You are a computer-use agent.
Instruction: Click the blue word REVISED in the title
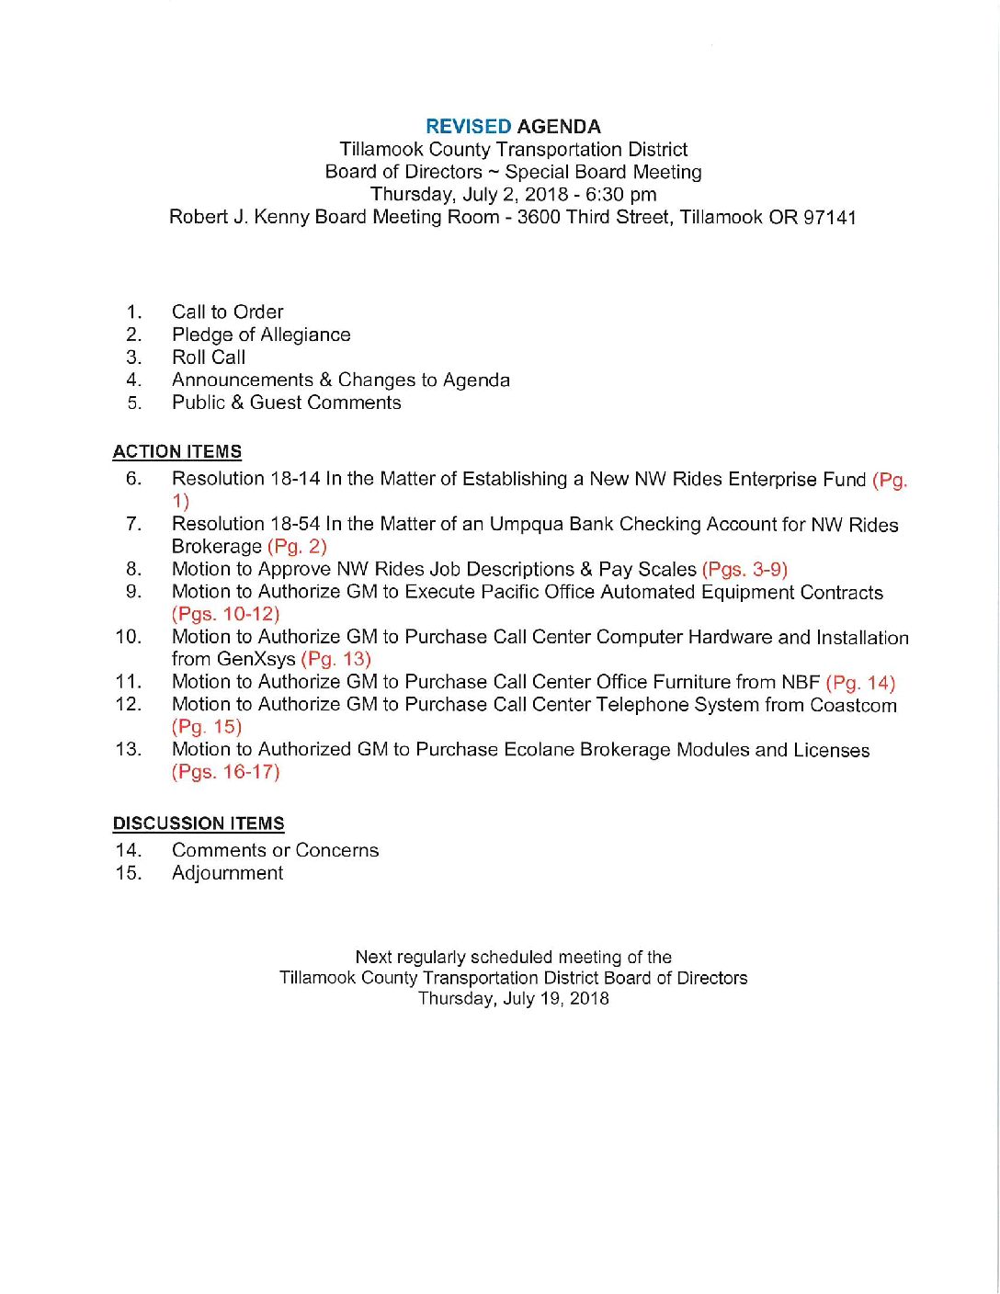pyautogui.click(x=468, y=127)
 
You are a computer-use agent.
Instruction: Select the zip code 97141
pyautogui.click(x=830, y=217)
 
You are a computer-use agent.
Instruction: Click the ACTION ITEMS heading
pyautogui.click(x=177, y=451)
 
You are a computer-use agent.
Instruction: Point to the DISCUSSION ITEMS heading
pyautogui.click(x=199, y=823)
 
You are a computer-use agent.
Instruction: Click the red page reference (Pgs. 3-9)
pyautogui.click(x=744, y=569)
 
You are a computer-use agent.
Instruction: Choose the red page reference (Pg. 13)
pyautogui.click(x=335, y=659)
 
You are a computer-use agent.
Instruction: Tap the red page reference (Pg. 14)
pyautogui.click(x=860, y=682)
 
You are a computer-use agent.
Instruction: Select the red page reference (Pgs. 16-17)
pyautogui.click(x=225, y=772)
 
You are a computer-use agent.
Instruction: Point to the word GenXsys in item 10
pyautogui.click(x=256, y=659)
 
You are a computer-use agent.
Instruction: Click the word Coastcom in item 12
pyautogui.click(x=853, y=705)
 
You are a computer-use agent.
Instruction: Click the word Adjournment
pyautogui.click(x=227, y=873)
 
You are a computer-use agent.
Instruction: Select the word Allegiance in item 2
pyautogui.click(x=305, y=335)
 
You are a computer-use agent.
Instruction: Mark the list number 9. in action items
pyautogui.click(x=133, y=592)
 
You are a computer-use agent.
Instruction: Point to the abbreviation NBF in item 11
pyautogui.click(x=801, y=682)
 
